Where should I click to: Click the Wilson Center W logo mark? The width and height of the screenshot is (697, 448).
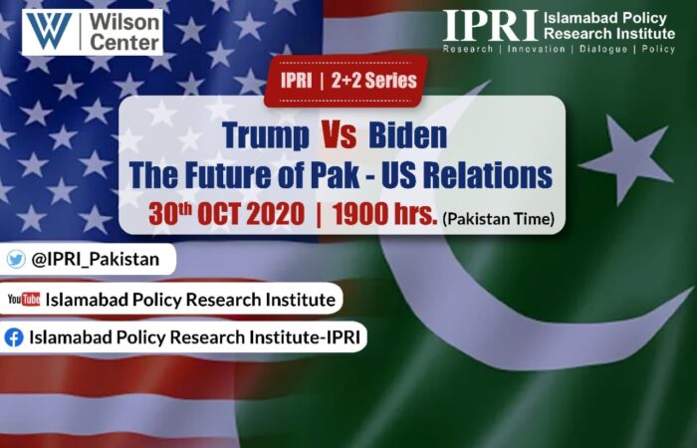[50, 31]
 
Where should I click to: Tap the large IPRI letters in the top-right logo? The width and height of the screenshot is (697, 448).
[490, 25]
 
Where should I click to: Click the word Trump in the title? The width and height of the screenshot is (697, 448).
[266, 135]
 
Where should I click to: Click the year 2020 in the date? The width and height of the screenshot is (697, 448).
[276, 214]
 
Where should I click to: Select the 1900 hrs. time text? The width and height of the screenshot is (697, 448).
[385, 214]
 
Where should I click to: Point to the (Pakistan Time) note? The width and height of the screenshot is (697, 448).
[498, 218]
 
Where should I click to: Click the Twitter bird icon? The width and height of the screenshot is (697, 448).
[16, 259]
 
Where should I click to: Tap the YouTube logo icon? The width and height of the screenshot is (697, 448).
[24, 299]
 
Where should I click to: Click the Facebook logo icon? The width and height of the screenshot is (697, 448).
[14, 337]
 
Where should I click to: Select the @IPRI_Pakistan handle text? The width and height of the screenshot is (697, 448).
[96, 259]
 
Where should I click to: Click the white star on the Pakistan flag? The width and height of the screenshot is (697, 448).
[626, 157]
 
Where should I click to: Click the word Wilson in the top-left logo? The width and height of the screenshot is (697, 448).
[124, 22]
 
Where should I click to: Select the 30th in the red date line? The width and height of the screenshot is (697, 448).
[170, 214]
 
